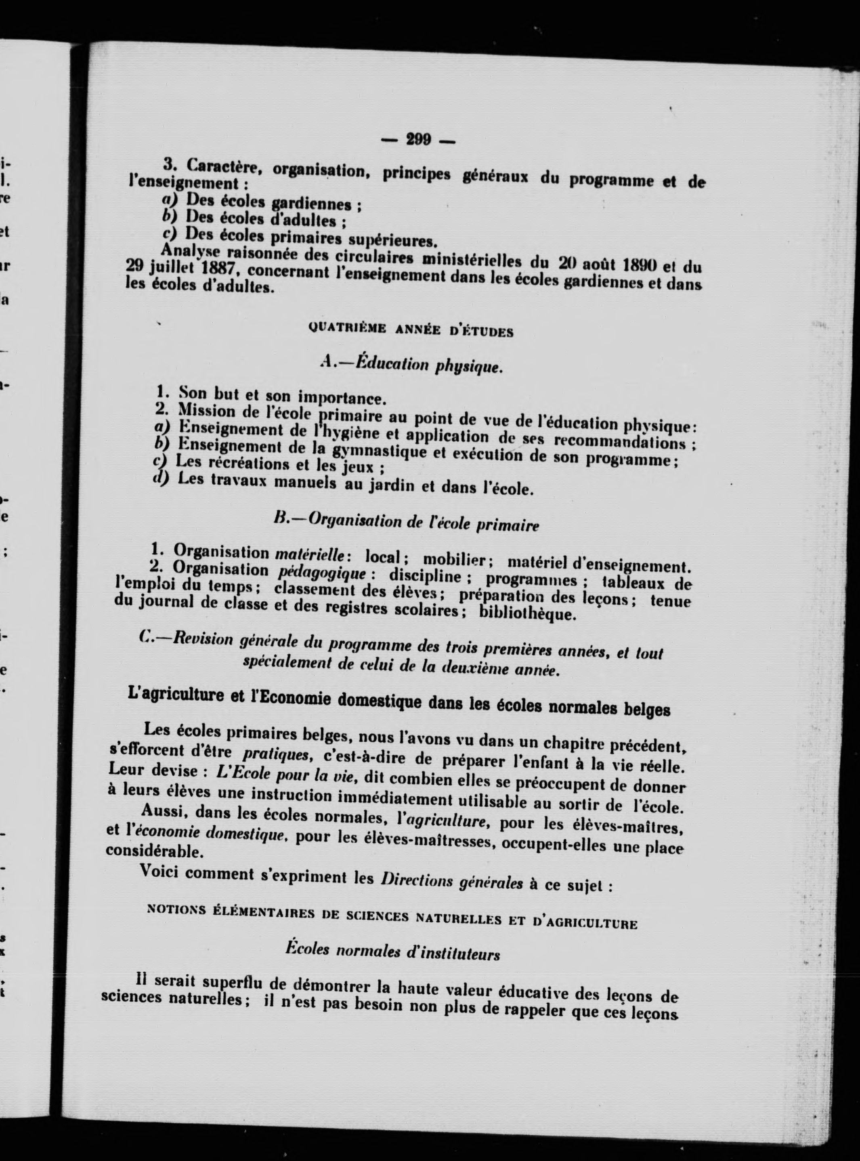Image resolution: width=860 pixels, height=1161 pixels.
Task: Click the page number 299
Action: coord(419,140)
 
